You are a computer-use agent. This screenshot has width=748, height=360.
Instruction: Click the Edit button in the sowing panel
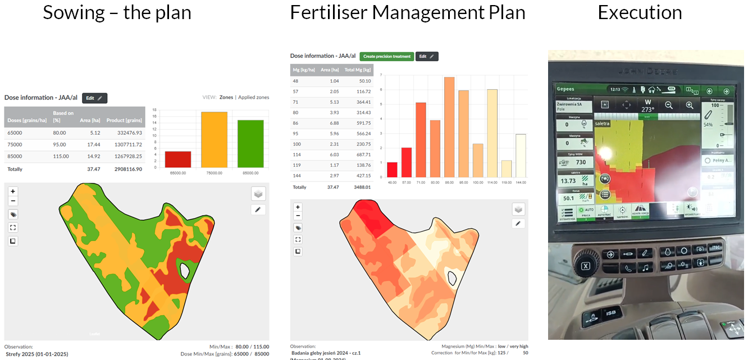pyautogui.click(x=94, y=98)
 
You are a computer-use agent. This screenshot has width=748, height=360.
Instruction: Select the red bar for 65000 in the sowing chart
pyautogui.click(x=178, y=159)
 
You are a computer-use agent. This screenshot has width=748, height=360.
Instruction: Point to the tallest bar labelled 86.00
pyautogui.click(x=449, y=127)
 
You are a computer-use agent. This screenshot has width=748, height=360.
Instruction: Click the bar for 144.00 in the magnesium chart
pyautogui.click(x=521, y=156)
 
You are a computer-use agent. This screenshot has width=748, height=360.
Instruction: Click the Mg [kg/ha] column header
pyautogui.click(x=304, y=70)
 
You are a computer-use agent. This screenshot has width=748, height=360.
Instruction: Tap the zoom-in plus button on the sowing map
pyautogui.click(x=13, y=192)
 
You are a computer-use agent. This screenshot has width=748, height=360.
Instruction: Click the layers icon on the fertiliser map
pyautogui.click(x=518, y=209)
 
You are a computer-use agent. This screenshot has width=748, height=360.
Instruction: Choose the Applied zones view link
pyautogui.click(x=253, y=97)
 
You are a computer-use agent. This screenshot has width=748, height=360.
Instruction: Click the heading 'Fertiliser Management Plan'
pyautogui.click(x=408, y=12)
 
